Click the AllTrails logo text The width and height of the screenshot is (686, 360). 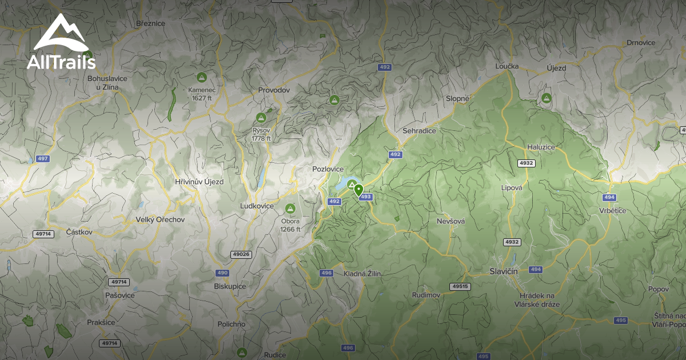point(61,62)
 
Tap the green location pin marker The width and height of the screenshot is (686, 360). point(358,190)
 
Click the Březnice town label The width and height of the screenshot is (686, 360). point(150,23)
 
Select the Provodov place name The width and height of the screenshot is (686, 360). point(274,90)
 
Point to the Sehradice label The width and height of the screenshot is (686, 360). point(419,131)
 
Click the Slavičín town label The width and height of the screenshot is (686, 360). point(504,271)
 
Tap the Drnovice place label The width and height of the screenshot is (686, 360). point(641,42)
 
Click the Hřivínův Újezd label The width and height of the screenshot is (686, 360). point(199,182)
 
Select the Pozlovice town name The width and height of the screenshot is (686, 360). point(328,169)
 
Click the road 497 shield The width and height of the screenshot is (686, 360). point(42,159)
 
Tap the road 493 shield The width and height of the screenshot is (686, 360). point(366,197)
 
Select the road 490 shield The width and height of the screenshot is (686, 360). point(222,273)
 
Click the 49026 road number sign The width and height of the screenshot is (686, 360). point(241,254)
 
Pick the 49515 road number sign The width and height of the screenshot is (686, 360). point(460,286)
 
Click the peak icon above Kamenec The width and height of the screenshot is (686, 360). point(201,77)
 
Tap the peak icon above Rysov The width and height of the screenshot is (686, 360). point(261,118)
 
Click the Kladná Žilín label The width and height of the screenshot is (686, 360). point(362,274)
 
